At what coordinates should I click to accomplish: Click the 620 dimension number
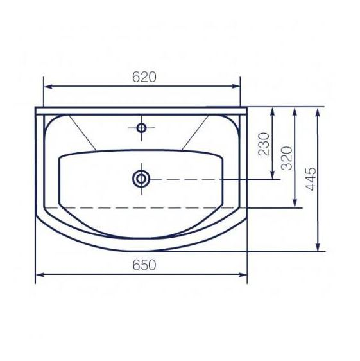coord(144,77)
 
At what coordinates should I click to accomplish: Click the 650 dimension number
coord(144,265)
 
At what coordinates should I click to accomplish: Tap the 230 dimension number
coord(264,145)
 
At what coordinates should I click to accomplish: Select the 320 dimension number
coord(287,158)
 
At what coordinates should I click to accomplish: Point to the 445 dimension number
coord(311,179)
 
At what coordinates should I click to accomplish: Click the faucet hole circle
coord(141,128)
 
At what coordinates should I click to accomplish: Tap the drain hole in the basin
coord(141,179)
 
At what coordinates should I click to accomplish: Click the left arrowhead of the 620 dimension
coord(47,86)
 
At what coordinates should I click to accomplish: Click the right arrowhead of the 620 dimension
coord(236,86)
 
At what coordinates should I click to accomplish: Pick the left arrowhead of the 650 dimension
coord(40,275)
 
